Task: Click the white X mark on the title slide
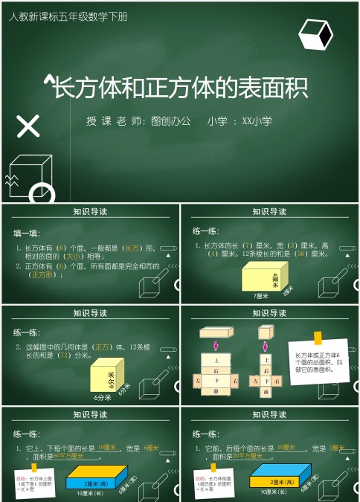[28, 126]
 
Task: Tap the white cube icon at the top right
[315, 35]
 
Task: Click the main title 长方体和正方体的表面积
[181, 89]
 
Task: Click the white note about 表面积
[318, 364]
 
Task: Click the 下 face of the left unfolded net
[216, 381]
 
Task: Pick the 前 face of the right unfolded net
[266, 391]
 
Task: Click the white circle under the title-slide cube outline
[42, 194]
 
